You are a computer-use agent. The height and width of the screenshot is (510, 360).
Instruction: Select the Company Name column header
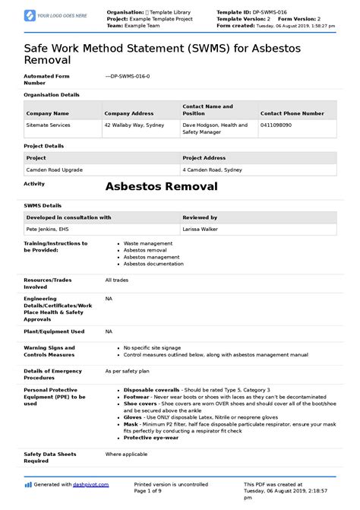coord(48,112)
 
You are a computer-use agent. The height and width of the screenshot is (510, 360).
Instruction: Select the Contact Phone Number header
coord(292,112)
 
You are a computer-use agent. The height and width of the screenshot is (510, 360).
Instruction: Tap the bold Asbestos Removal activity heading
coord(161,186)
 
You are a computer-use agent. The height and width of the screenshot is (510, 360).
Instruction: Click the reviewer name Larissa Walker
coord(202,228)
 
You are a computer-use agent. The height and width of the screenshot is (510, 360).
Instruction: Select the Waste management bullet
coord(150,243)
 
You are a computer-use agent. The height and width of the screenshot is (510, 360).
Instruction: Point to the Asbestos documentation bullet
coord(156,264)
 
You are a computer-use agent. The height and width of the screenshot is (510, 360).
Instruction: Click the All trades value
coord(115,280)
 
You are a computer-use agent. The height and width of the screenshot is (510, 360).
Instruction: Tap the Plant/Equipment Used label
coord(54,331)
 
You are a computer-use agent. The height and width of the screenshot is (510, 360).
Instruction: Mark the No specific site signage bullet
coord(154,347)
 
